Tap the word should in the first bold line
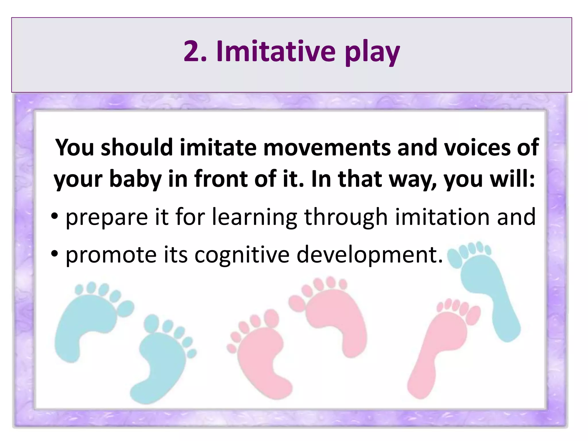tap(137, 148)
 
